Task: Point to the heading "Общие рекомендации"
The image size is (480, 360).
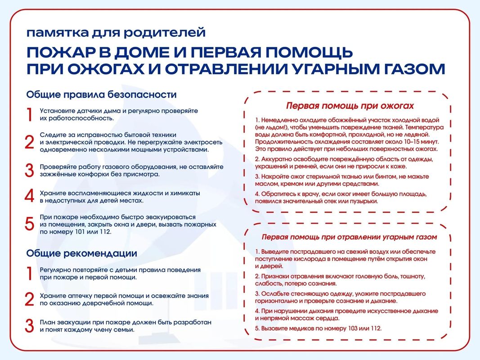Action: (x=81, y=253)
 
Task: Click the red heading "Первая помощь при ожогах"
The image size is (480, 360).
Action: (x=350, y=106)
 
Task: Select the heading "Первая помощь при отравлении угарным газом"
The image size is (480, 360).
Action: (x=349, y=237)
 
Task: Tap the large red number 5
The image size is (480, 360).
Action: (x=29, y=224)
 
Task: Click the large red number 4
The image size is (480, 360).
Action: (x=29, y=196)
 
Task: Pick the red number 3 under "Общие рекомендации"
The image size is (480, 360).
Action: (x=29, y=326)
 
